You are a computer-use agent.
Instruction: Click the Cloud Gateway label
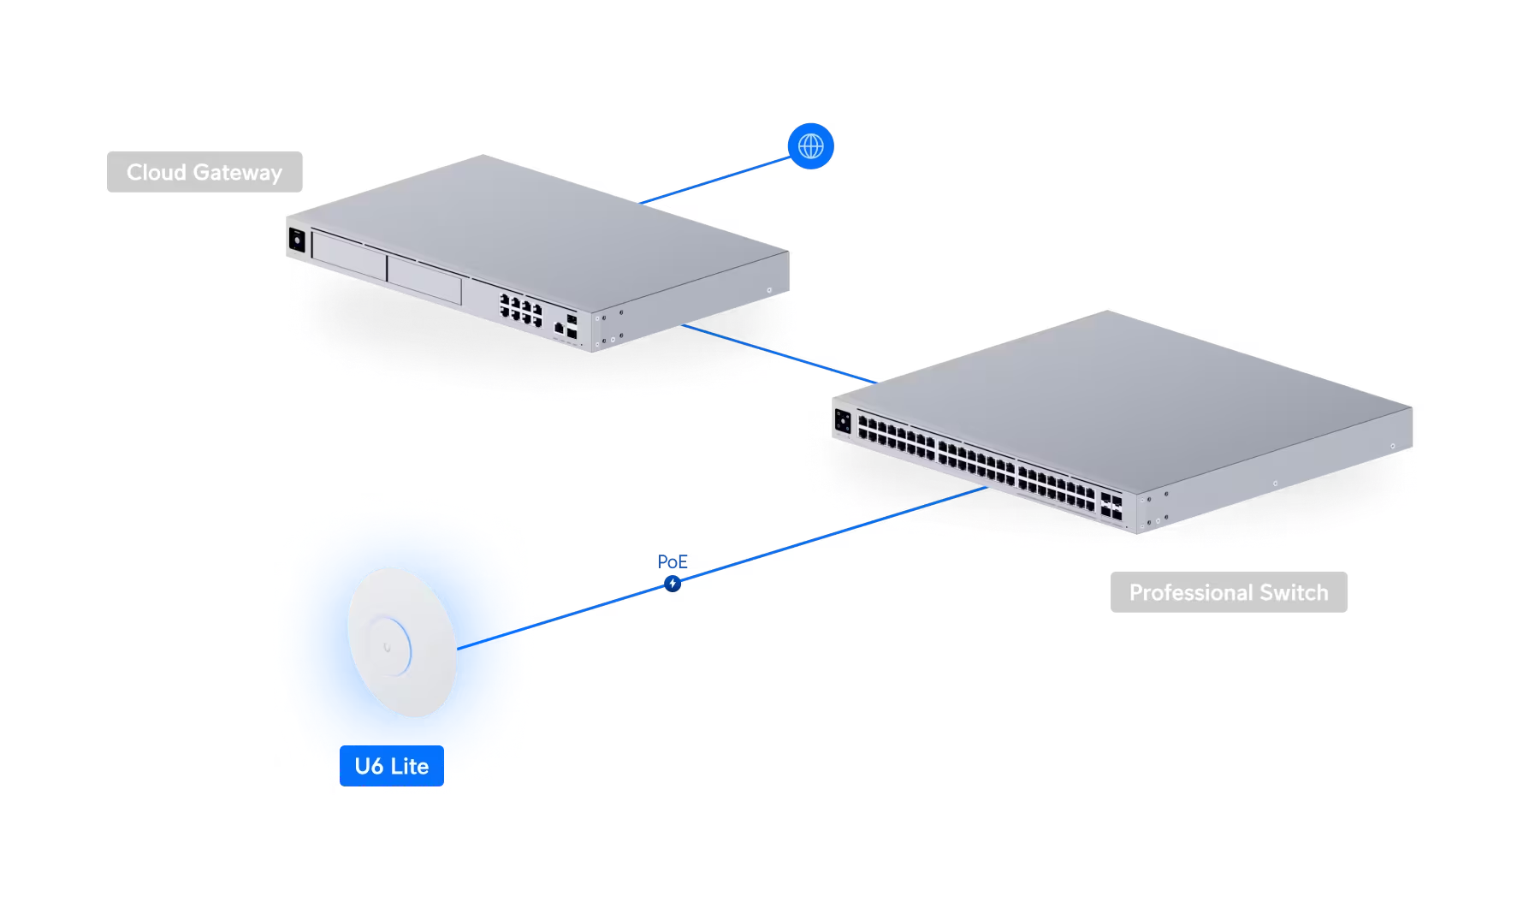[204, 172]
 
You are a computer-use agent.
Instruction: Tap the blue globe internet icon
[810, 146]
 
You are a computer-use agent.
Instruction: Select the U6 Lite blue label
[392, 766]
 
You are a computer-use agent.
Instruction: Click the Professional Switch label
[1229, 592]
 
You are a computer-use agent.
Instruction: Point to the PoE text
[673, 561]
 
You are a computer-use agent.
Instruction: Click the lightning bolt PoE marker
[673, 584]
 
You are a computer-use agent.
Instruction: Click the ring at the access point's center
[389, 647]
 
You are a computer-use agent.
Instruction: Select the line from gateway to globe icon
[714, 181]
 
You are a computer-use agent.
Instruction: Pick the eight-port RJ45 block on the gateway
[521, 310]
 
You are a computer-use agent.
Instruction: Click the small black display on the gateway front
[297, 240]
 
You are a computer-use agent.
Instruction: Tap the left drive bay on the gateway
[349, 256]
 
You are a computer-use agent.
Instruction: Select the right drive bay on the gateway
[424, 279]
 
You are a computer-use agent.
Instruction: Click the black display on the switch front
[843, 421]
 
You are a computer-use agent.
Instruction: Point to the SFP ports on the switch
[1111, 506]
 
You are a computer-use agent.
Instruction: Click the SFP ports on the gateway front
[572, 326]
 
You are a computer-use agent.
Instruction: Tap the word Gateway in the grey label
[237, 172]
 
